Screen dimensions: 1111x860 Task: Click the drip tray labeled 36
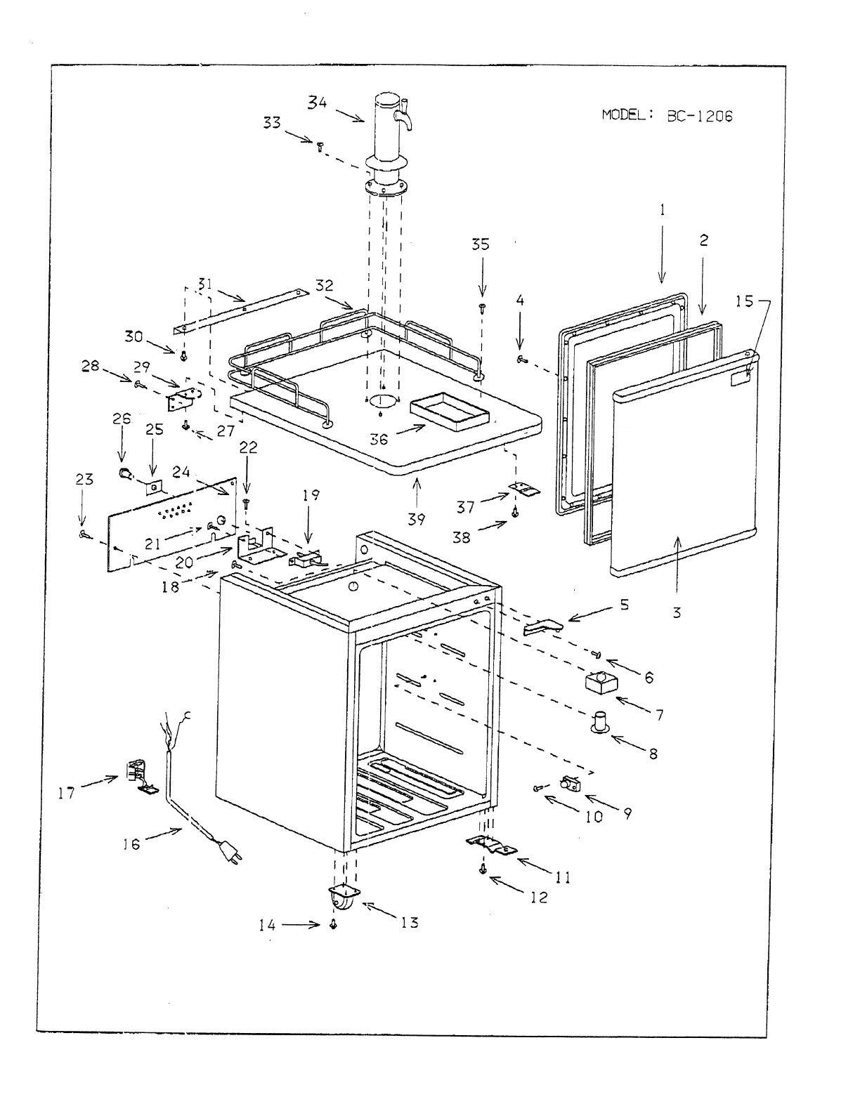449,412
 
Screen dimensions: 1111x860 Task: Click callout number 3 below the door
677,612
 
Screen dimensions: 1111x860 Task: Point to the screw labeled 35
483,307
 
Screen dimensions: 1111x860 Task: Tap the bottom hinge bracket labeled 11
493,846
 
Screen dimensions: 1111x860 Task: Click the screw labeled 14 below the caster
333,926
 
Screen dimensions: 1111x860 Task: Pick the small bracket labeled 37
525,489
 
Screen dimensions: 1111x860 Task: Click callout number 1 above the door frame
662,209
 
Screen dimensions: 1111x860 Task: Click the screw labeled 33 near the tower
320,145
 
